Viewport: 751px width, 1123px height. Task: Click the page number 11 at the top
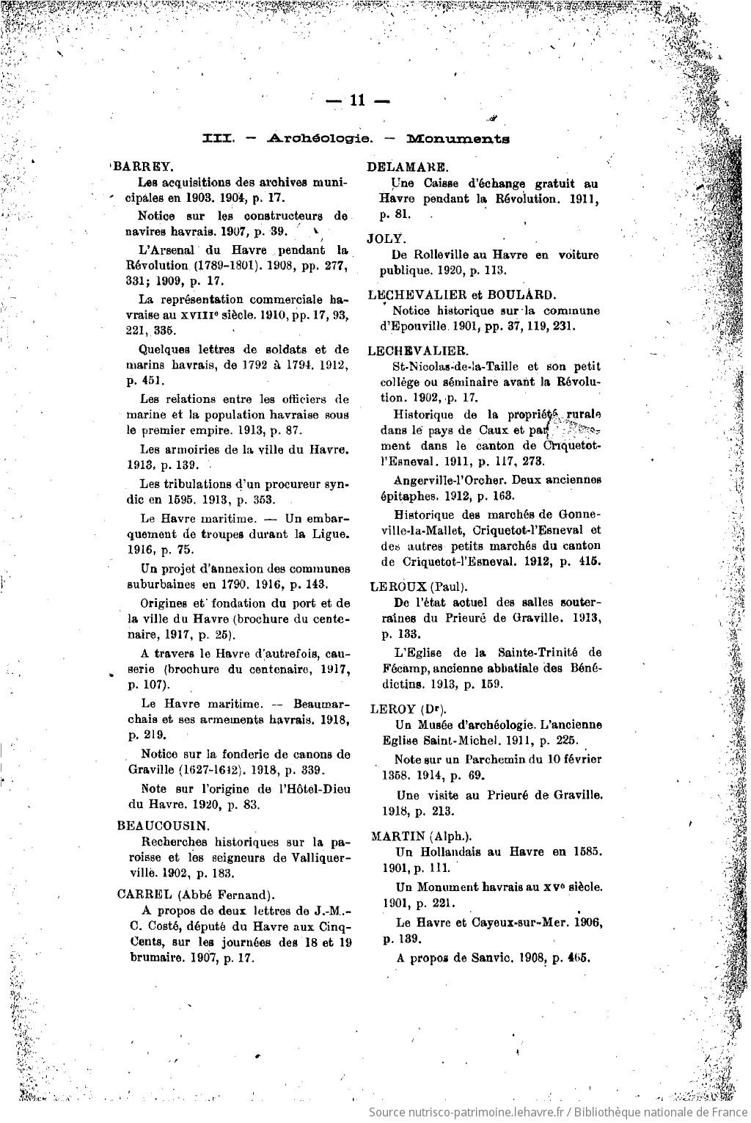pyautogui.click(x=356, y=102)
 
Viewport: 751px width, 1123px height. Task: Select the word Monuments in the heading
pyautogui.click(x=458, y=138)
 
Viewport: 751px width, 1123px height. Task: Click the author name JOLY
pyautogui.click(x=387, y=239)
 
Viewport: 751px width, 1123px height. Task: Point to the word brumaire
pyautogui.click(x=147, y=958)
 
